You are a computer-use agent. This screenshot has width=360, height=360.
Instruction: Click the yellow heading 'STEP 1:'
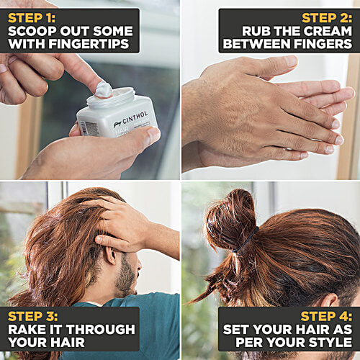coord(32,18)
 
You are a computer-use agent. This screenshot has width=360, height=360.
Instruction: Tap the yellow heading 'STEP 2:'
coord(327,18)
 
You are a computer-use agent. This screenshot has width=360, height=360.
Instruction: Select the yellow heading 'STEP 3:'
coord(32,316)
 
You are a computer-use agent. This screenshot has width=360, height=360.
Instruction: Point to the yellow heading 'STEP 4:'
coord(326,316)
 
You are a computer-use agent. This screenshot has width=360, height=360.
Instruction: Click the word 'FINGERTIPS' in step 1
coord(89,44)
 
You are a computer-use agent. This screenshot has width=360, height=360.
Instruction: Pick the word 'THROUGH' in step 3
coord(101,329)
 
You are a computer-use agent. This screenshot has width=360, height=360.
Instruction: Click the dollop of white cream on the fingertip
coord(104,89)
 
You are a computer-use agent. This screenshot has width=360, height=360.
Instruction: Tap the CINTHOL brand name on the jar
coord(135,118)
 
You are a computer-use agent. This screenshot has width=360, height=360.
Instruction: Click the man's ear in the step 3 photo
coord(111,255)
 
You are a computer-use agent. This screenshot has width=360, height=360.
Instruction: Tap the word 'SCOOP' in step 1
coord(32,31)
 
